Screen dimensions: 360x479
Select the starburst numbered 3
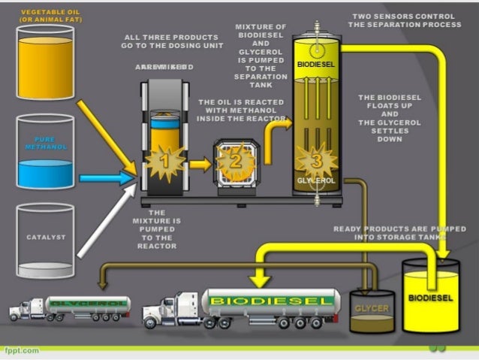pos(316,160)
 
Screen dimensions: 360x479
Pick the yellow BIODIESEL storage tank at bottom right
pos(430,298)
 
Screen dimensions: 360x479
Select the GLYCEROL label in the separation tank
pos(316,181)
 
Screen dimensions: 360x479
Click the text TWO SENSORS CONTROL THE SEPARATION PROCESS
pos(404,20)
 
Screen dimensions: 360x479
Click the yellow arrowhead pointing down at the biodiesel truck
pos(260,281)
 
